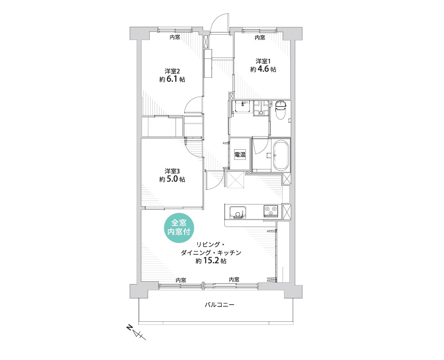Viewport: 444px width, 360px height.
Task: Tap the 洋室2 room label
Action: click(173, 71)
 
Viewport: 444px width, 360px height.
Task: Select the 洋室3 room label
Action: click(173, 171)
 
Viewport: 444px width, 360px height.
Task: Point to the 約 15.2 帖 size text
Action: click(211, 261)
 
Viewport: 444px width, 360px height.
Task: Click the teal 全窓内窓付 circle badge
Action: click(179, 227)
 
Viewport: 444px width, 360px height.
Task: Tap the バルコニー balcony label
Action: click(219, 305)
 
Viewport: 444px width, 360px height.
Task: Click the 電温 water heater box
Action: click(240, 155)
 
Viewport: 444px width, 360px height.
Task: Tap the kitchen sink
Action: click(238, 212)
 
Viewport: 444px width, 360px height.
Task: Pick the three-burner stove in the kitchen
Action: click(271, 211)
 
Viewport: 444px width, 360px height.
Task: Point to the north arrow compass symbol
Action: click(137, 333)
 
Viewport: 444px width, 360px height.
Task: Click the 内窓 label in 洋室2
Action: click(175, 37)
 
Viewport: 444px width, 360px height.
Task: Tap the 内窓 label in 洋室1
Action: click(260, 37)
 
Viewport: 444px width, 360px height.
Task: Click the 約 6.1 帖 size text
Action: click(172, 79)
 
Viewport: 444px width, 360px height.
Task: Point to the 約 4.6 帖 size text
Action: click(263, 69)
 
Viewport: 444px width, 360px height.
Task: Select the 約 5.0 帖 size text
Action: click(172, 179)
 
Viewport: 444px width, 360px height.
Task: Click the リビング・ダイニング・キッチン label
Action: click(211, 249)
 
